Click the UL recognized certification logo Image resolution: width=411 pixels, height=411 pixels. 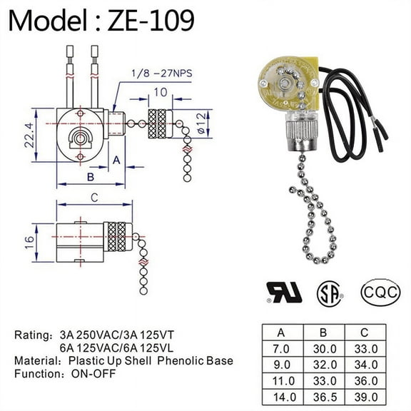tap(284, 291)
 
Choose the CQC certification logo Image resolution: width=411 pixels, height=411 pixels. tap(377, 291)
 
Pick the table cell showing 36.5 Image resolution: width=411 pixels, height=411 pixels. tap(325, 395)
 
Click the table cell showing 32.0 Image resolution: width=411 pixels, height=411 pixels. tap(325, 363)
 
